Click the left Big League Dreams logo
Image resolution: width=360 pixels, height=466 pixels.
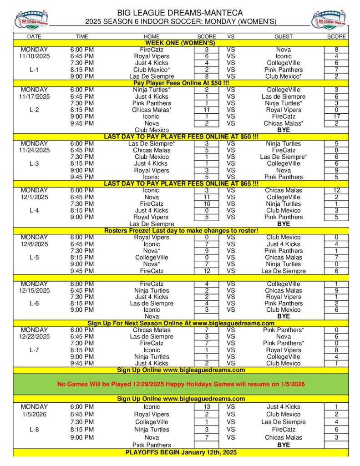31,19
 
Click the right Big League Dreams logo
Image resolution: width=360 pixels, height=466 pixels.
329,19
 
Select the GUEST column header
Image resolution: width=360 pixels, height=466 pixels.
284,36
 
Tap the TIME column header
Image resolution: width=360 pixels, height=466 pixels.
82,36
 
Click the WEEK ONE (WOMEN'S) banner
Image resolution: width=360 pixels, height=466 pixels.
180,43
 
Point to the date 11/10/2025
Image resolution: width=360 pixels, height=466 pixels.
34,56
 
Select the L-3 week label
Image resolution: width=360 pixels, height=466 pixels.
34,163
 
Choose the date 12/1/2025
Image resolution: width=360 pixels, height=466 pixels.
34,197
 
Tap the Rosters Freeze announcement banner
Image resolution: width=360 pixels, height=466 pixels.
180,230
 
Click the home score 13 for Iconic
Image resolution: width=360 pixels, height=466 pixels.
207,406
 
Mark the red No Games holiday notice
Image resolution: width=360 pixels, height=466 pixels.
180,384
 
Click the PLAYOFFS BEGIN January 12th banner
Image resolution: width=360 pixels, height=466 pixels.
180,452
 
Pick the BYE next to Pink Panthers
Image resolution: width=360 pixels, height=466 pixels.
284,445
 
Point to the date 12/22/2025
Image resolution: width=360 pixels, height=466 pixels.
34,336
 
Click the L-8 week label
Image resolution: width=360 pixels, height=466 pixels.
34,429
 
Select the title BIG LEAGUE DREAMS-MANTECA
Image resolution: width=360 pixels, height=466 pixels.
180,12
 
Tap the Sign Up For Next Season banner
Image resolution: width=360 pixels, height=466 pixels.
180,323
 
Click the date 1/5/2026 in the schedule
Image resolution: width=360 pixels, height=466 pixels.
34,414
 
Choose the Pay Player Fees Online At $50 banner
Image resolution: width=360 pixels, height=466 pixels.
180,83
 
